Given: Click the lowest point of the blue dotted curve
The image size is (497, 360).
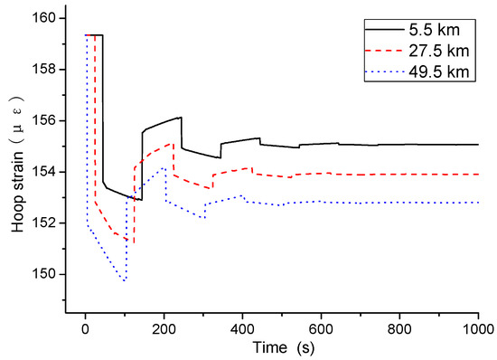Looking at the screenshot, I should (x=125, y=280).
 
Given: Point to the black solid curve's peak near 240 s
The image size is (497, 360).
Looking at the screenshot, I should (x=181, y=118).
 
